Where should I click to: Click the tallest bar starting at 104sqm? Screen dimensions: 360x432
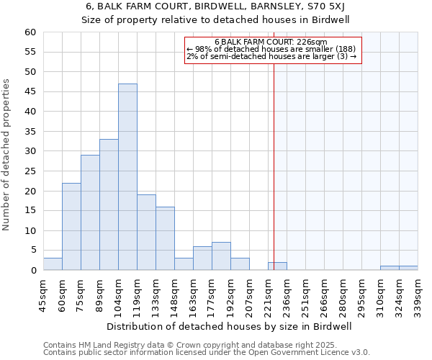pyautogui.click(x=127, y=177)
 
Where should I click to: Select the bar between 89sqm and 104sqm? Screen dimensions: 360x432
pyautogui.click(x=109, y=204)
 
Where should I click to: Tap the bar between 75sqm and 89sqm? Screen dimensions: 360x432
pyautogui.click(x=90, y=212)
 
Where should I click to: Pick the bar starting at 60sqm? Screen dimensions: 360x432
pyautogui.click(x=71, y=227)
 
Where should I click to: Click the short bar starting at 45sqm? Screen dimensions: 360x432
pyautogui.click(x=53, y=264)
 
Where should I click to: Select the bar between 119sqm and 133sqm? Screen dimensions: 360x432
pyautogui.click(x=146, y=233)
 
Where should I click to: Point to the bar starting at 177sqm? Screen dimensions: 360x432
pyautogui.click(x=221, y=256)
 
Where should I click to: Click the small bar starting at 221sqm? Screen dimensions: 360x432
pyautogui.click(x=277, y=266)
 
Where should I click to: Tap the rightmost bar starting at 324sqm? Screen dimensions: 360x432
pyautogui.click(x=408, y=268)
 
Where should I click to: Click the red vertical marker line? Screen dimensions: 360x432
pyautogui.click(x=274, y=158)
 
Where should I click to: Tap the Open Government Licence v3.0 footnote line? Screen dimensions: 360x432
pyautogui.click(x=207, y=353)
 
